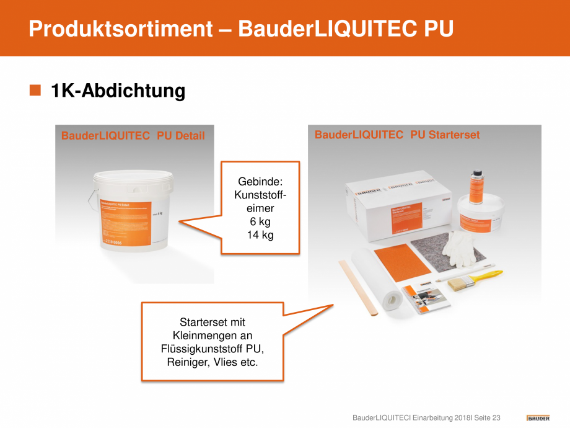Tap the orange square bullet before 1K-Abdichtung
tap(35, 91)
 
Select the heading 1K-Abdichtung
tap(118, 91)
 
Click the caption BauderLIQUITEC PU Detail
tap(133, 135)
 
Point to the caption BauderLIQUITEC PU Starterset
tap(397, 135)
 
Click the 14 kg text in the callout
tap(260, 235)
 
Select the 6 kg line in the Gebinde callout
tap(260, 222)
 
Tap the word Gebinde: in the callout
tap(260, 182)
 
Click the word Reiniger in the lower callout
tap(187, 362)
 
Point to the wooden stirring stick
tap(357, 288)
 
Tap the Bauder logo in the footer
tap(538, 417)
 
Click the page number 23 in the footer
tap(496, 418)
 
